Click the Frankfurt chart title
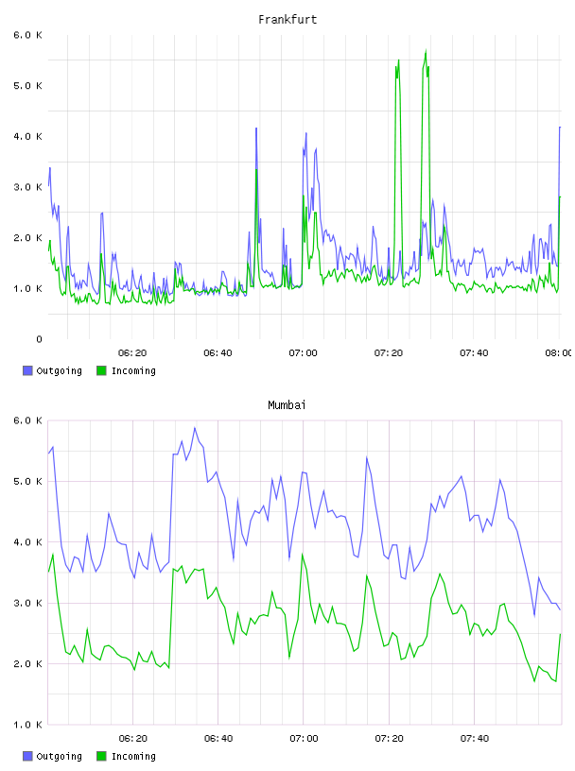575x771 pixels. pos(287,20)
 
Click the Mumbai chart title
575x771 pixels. pos(287,405)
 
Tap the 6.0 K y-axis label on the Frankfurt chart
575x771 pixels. pos(28,35)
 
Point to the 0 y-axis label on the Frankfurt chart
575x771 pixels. pos(39,339)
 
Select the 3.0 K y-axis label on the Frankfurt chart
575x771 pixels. pos(28,187)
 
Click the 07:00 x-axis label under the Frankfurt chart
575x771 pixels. pos(304,353)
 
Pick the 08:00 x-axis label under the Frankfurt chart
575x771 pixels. pos(559,353)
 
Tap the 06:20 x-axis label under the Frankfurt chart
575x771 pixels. pos(132,353)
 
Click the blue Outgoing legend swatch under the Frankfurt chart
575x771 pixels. pos(27,370)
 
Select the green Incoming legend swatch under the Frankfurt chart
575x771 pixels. pos(101,370)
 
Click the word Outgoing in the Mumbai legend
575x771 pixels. pos(59,756)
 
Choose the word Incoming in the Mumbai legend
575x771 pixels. pos(133,756)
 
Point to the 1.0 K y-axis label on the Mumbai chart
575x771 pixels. pos(28,725)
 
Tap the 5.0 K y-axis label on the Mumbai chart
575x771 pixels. pos(28,481)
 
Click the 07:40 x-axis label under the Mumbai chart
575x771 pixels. pos(475,739)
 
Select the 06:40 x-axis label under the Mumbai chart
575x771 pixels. pos(218,739)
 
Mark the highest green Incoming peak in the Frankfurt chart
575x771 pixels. pos(426,50)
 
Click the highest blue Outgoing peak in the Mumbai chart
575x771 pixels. pos(195,428)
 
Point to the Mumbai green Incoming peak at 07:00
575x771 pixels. pos(303,554)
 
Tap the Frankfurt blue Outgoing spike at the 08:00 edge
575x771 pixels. pos(560,128)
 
